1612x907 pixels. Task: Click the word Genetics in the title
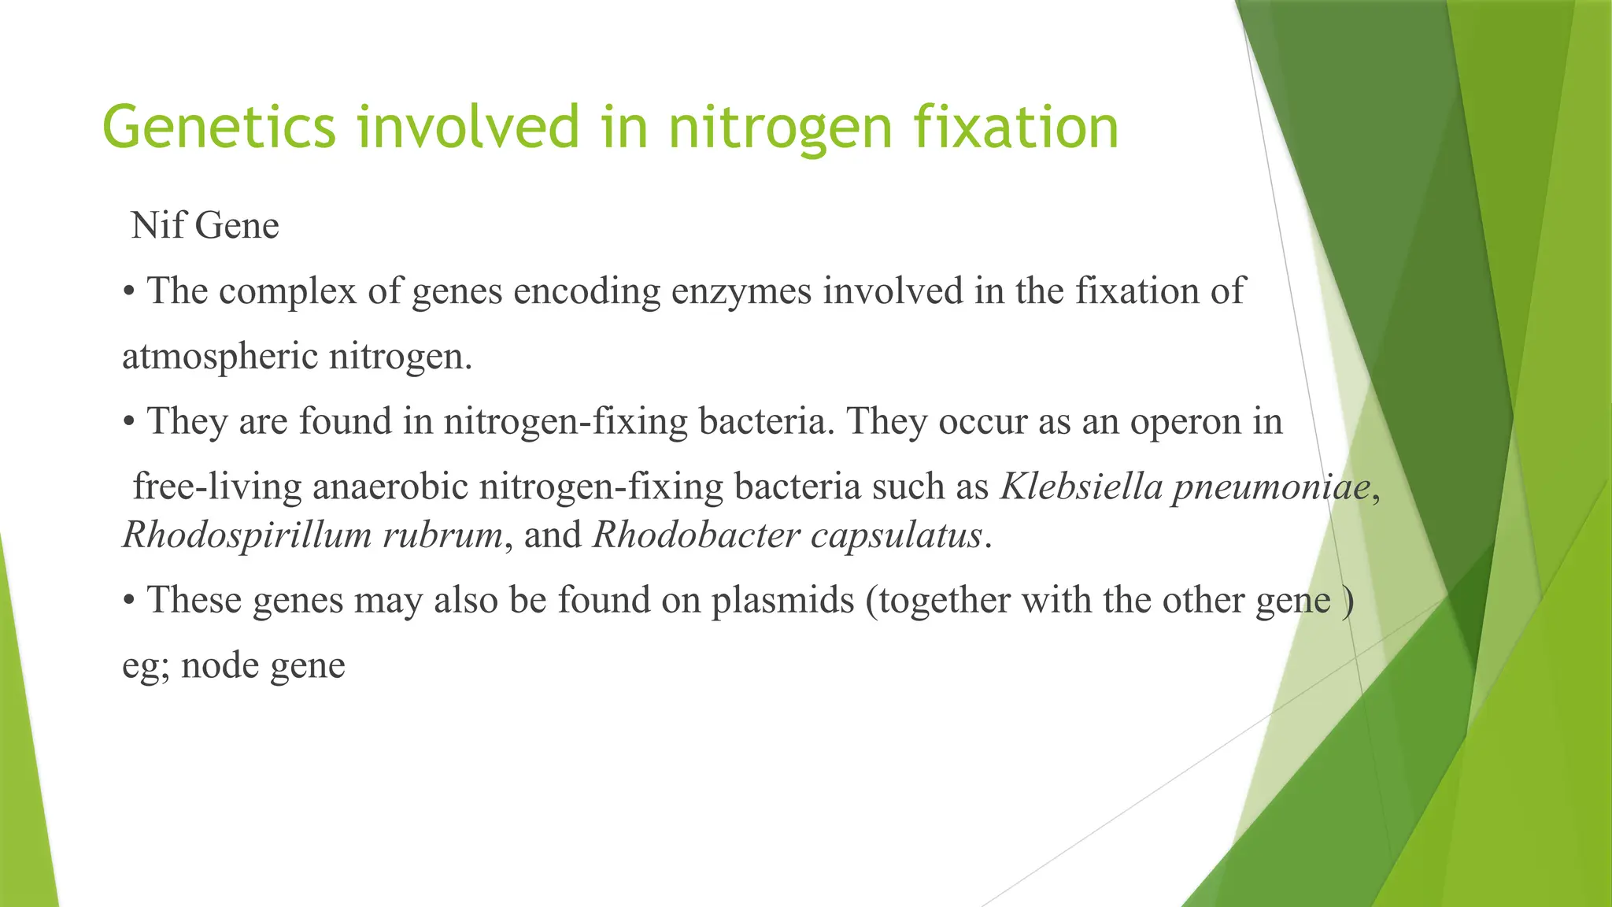(x=219, y=128)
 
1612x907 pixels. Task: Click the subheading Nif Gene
(x=205, y=226)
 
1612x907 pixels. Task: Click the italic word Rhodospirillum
(x=246, y=535)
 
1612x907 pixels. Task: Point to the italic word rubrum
(x=442, y=535)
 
